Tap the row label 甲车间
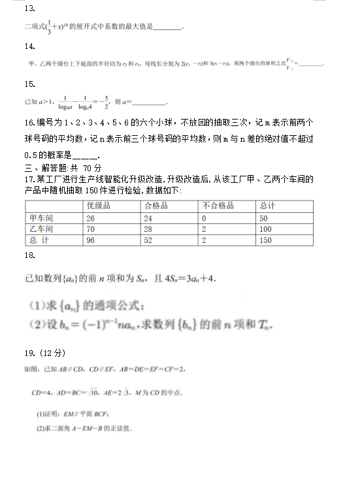(41, 218)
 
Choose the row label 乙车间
(41, 229)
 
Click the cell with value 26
(91, 218)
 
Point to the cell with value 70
(91, 229)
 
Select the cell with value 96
(91, 240)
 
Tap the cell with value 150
(266, 240)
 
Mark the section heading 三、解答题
(41, 168)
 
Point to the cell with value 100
(266, 229)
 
